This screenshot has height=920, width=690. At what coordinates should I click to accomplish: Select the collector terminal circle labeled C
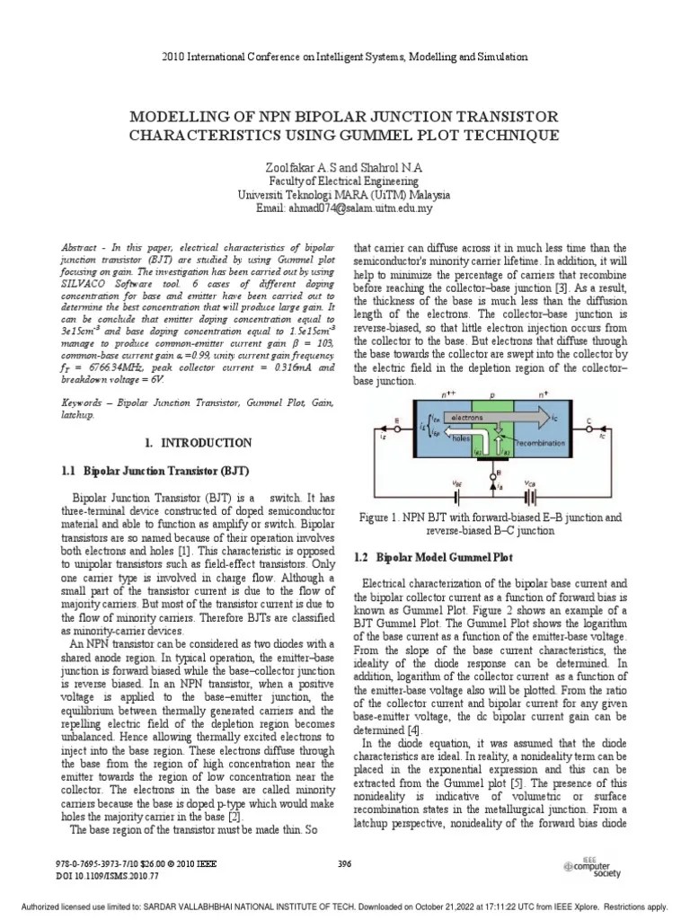tap(613, 420)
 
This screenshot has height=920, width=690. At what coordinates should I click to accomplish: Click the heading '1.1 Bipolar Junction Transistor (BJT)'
tap(165, 470)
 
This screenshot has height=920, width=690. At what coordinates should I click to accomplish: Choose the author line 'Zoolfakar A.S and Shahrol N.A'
tap(344, 168)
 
